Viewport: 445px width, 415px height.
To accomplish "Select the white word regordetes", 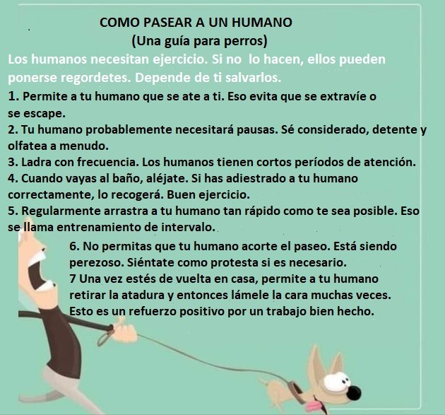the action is point(95,78).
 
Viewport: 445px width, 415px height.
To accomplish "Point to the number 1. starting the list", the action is point(13,96).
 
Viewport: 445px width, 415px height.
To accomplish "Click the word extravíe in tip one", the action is point(343,96).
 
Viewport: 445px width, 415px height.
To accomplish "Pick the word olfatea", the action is point(28,146).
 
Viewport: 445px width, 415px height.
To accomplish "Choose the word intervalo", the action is point(188,227).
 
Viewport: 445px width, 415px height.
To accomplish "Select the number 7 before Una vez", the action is point(73,279).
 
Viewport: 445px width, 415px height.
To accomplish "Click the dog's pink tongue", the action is point(314,406).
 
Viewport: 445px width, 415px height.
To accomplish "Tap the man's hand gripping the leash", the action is point(124,330).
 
